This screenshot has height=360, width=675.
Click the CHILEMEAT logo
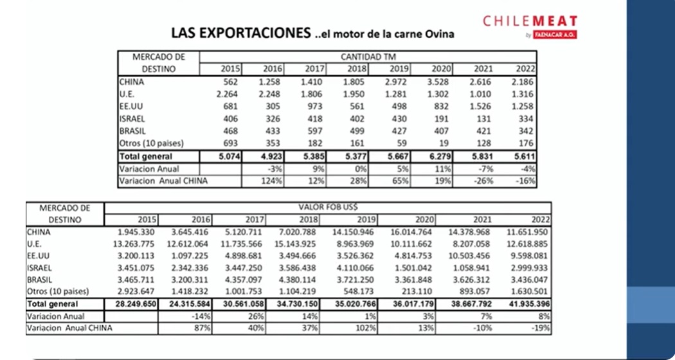530,26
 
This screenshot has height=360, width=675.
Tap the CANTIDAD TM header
368,57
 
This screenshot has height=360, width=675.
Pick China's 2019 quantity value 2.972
397,82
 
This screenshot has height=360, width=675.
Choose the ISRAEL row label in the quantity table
132,119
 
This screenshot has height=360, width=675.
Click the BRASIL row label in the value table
40,280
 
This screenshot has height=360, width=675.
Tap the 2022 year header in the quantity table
525,69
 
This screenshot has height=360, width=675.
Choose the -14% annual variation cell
201,316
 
